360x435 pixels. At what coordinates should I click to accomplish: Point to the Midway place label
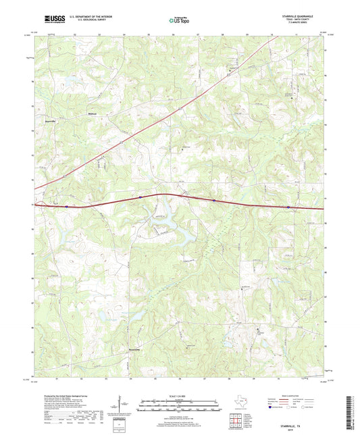[x=94, y=114]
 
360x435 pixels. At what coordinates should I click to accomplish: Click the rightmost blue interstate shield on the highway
[x=288, y=207]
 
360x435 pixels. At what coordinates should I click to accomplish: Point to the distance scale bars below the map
[x=179, y=406]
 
